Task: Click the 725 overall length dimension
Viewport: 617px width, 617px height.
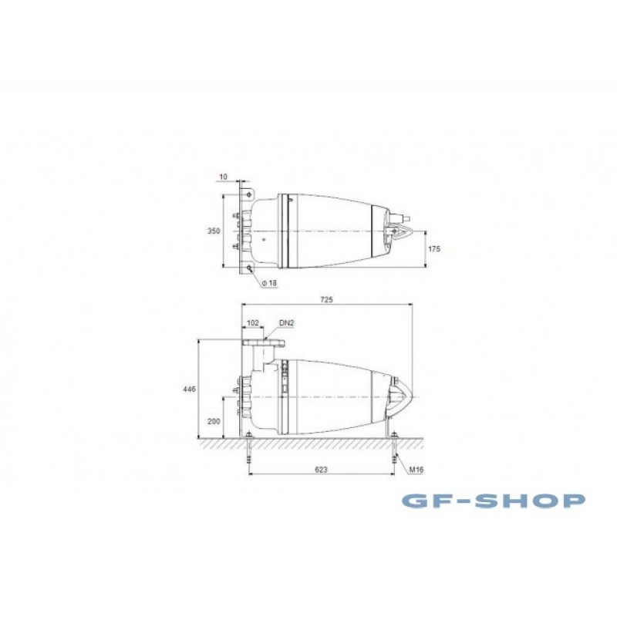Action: tap(326, 299)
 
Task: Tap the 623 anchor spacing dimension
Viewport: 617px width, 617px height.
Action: tap(321, 470)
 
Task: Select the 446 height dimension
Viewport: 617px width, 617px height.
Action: tap(189, 389)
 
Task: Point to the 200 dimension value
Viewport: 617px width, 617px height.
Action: tap(214, 421)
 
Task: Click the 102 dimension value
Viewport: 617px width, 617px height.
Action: tap(253, 323)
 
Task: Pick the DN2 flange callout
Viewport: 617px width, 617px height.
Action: tap(286, 323)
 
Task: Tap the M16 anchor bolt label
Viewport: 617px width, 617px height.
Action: tap(416, 470)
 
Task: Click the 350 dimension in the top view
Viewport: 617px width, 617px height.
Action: tap(214, 231)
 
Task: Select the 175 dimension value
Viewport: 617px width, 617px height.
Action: tap(434, 248)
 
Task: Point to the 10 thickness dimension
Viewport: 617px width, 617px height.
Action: tap(223, 177)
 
